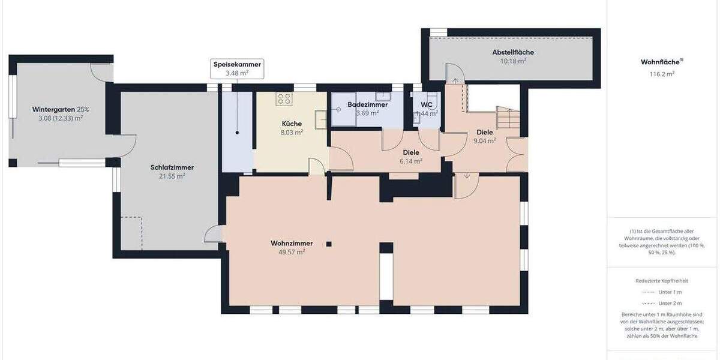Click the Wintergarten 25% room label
click(x=60, y=109)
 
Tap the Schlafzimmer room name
click(x=172, y=167)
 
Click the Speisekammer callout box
click(x=236, y=68)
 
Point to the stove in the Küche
click(x=284, y=98)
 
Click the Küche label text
click(x=292, y=124)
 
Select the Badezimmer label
click(x=367, y=104)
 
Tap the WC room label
click(x=427, y=104)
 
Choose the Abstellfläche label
click(x=513, y=52)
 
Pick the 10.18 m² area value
click(x=513, y=61)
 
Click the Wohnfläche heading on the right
click(x=660, y=62)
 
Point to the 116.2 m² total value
click(x=662, y=74)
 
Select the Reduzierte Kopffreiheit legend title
click(x=662, y=280)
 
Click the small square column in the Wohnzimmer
click(x=329, y=244)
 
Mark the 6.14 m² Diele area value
click(x=412, y=161)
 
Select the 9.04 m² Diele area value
click(x=484, y=141)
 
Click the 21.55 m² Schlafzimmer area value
click(x=172, y=176)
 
